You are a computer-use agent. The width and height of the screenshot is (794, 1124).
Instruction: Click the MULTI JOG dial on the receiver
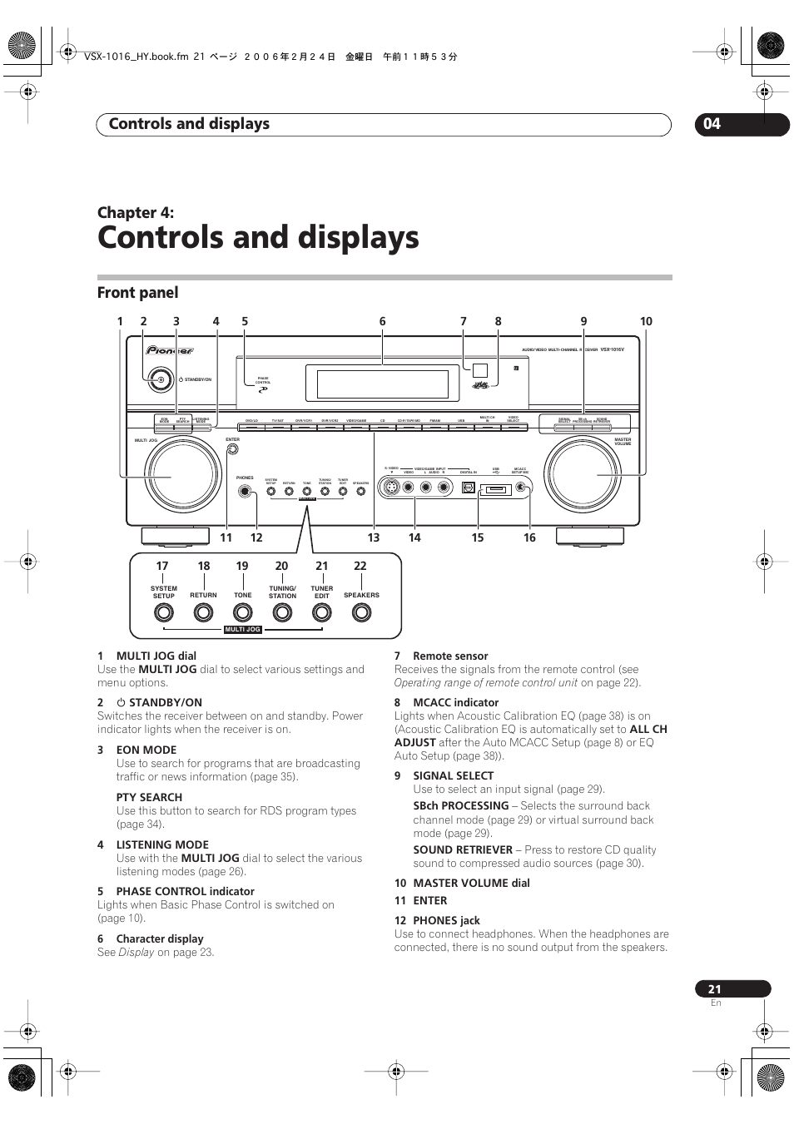[x=183, y=474]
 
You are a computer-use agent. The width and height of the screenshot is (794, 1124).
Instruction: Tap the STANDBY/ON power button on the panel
[x=161, y=379]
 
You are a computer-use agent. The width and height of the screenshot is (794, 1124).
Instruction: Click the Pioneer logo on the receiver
[x=170, y=351]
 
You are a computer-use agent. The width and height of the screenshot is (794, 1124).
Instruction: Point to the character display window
[x=383, y=384]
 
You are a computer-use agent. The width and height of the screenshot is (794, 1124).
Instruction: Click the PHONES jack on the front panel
[x=245, y=491]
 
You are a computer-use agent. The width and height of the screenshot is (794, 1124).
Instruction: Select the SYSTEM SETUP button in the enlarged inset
[x=164, y=613]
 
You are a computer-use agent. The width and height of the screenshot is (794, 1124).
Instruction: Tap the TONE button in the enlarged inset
[x=242, y=613]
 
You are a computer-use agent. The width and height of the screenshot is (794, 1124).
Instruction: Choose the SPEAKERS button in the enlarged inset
[x=361, y=613]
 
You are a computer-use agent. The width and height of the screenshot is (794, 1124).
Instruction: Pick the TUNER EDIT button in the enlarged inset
[x=321, y=613]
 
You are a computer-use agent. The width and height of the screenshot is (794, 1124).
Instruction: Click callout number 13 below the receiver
[x=374, y=538]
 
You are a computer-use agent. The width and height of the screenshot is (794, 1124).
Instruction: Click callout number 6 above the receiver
[x=383, y=321]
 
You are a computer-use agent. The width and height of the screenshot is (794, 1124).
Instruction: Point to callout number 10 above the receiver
[x=646, y=321]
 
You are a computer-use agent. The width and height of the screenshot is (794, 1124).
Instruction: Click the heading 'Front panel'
[x=138, y=293]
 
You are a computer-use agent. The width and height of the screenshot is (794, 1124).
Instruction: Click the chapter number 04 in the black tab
[x=712, y=124]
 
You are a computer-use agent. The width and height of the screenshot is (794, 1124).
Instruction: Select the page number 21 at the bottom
[x=715, y=989]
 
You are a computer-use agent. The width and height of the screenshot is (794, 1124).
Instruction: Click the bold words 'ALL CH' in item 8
[x=648, y=730]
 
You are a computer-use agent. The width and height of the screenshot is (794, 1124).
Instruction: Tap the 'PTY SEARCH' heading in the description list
[x=149, y=797]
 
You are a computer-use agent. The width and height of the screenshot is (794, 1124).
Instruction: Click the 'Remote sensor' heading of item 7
[x=450, y=656]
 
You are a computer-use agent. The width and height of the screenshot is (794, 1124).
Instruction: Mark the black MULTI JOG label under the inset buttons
[x=243, y=630]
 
